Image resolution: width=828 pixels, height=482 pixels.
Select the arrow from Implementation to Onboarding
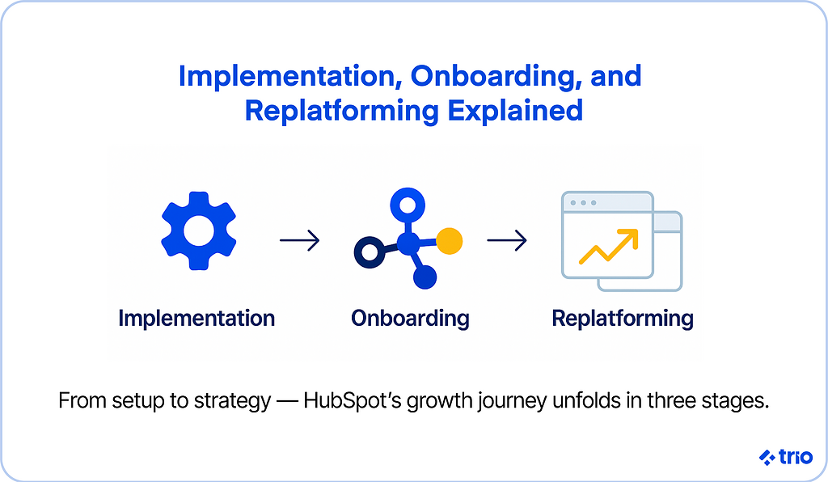[x=299, y=240]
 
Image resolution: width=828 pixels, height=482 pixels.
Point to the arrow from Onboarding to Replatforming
[x=507, y=240]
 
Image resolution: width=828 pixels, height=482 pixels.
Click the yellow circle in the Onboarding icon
[x=449, y=240]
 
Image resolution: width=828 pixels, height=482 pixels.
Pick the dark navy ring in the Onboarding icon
[x=367, y=253]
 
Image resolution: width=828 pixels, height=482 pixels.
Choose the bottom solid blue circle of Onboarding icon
[x=425, y=277]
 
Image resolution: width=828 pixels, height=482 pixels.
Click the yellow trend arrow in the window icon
[x=609, y=246]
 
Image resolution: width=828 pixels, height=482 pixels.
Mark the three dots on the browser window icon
[x=583, y=202]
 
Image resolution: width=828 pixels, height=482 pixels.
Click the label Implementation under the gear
[x=196, y=319]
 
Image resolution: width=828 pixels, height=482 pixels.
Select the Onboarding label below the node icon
[x=410, y=319]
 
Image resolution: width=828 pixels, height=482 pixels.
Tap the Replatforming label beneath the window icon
[x=623, y=319]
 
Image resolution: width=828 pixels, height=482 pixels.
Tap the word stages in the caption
[x=737, y=401]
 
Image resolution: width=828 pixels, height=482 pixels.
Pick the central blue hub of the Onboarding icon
[x=408, y=242]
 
